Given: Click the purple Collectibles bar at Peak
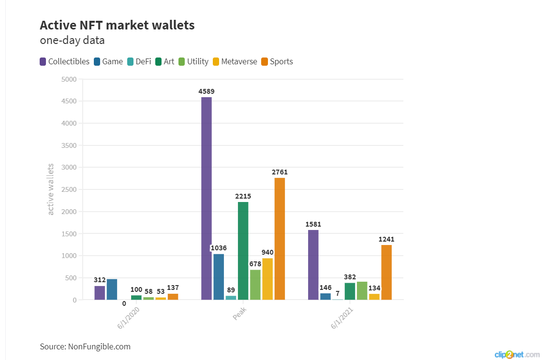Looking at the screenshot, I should point(207,198).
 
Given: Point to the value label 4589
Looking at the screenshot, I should point(207,91).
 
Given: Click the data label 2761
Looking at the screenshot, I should point(280,172).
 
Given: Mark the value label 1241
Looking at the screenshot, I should point(386,239).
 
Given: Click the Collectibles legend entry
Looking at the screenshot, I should point(64,61).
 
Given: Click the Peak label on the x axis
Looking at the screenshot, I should point(240,316).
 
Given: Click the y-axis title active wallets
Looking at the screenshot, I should point(51,189).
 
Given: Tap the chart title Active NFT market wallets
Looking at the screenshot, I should point(117,25).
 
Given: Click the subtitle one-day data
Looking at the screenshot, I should point(72,40).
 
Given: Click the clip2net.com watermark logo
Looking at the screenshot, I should point(517,355).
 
